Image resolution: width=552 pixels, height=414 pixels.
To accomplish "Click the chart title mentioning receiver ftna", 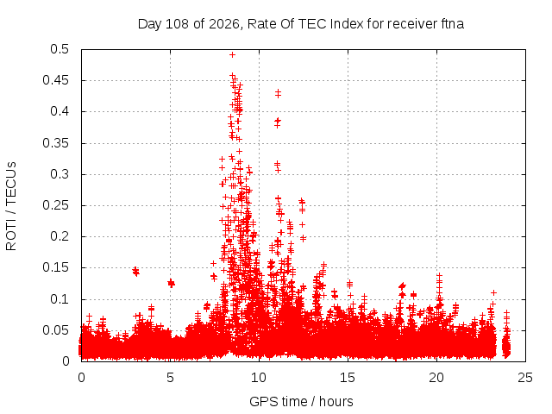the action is pyautogui.click(x=301, y=24).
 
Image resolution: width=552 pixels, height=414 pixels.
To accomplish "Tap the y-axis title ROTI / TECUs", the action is pyautogui.click(x=11, y=206).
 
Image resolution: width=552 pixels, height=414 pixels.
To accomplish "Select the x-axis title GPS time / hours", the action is pyautogui.click(x=301, y=401).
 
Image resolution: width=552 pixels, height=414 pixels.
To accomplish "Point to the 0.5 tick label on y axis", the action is pyautogui.click(x=60, y=49).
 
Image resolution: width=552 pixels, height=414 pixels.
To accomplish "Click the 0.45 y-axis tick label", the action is pyautogui.click(x=55, y=80).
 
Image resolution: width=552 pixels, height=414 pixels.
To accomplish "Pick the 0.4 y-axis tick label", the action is pyautogui.click(x=60, y=111).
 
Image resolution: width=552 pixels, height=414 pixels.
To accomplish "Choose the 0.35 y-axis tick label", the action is pyautogui.click(x=55, y=143).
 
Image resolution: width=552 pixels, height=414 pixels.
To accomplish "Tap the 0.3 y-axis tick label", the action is pyautogui.click(x=60, y=174).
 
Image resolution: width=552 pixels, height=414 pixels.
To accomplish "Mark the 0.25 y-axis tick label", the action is pyautogui.click(x=55, y=205).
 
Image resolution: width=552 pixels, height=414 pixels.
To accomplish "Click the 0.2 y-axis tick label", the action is pyautogui.click(x=60, y=236).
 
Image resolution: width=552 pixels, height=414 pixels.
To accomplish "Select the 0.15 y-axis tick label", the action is pyautogui.click(x=55, y=267).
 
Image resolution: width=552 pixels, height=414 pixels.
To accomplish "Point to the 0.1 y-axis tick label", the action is pyautogui.click(x=60, y=299).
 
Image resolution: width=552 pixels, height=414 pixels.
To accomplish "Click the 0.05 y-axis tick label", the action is pyautogui.click(x=55, y=330).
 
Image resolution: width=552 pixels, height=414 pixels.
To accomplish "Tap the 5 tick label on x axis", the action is pyautogui.click(x=171, y=378).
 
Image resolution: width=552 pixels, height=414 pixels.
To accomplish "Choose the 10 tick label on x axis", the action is pyautogui.click(x=259, y=378).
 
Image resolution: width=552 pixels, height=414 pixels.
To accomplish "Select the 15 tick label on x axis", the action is pyautogui.click(x=348, y=378).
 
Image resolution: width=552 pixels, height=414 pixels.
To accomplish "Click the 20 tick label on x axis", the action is pyautogui.click(x=436, y=378).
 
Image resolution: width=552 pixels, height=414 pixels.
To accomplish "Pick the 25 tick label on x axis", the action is pyautogui.click(x=525, y=378).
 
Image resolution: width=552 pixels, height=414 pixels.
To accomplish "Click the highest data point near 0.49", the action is pyautogui.click(x=232, y=54).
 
